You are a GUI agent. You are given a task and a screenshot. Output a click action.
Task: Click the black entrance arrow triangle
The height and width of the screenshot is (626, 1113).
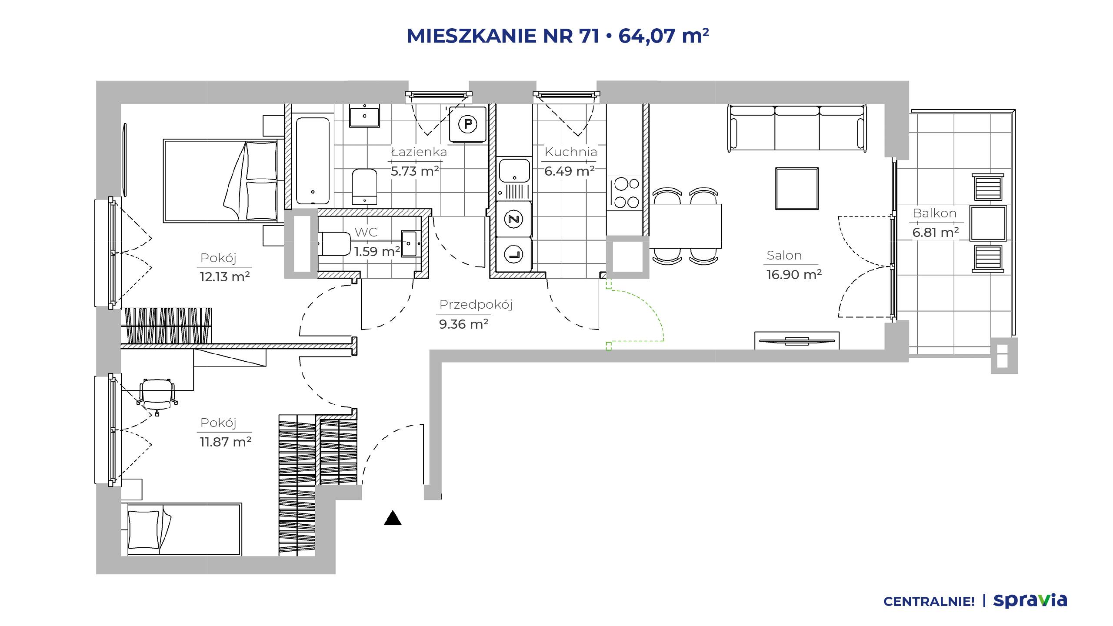pyautogui.click(x=393, y=518)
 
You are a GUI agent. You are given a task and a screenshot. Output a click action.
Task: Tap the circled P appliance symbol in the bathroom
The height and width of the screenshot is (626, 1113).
pyautogui.click(x=468, y=124)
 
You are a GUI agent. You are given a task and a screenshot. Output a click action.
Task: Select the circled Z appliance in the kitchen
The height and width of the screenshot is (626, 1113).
pyautogui.click(x=514, y=219)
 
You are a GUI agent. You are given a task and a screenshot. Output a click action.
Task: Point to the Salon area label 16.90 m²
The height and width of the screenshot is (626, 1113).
pyautogui.click(x=794, y=275)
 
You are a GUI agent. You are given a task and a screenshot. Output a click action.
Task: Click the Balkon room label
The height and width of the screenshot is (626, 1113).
pyautogui.click(x=934, y=213)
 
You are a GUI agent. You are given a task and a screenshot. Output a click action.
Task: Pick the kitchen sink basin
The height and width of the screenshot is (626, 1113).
pyautogui.click(x=514, y=170)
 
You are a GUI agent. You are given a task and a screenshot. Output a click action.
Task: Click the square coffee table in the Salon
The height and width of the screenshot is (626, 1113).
pyautogui.click(x=797, y=189)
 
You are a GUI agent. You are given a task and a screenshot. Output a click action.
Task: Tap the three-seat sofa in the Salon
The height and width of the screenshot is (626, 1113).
pyautogui.click(x=797, y=128)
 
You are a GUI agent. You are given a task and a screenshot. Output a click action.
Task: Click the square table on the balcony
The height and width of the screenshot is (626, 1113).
pyautogui.click(x=988, y=223)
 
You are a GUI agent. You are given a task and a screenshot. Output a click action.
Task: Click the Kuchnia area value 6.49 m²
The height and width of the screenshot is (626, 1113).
pyautogui.click(x=570, y=171)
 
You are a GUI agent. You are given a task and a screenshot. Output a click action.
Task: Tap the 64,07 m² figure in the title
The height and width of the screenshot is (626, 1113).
pyautogui.click(x=664, y=36)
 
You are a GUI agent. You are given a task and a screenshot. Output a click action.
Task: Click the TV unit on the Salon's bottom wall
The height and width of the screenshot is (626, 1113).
pyautogui.click(x=797, y=340)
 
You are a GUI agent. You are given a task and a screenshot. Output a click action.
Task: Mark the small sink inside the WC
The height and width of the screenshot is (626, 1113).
pyautogui.click(x=409, y=244)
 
